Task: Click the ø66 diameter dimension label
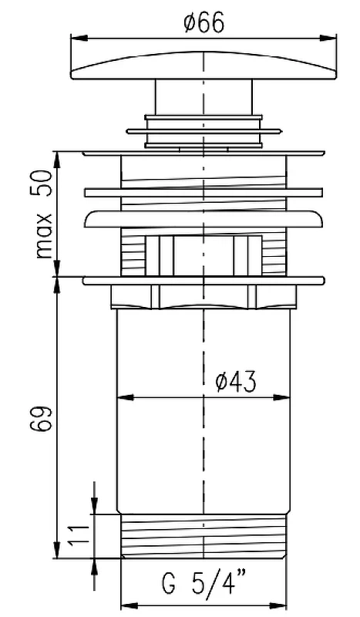point(204,22)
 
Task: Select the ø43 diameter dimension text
point(236,381)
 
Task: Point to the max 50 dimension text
point(44,214)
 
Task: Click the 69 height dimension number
point(41,420)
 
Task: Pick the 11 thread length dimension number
point(76,535)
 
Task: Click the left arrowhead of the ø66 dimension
point(79,38)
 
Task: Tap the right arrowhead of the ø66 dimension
point(328,38)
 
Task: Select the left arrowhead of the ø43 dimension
point(126,397)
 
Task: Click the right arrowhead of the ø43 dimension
point(281,397)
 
